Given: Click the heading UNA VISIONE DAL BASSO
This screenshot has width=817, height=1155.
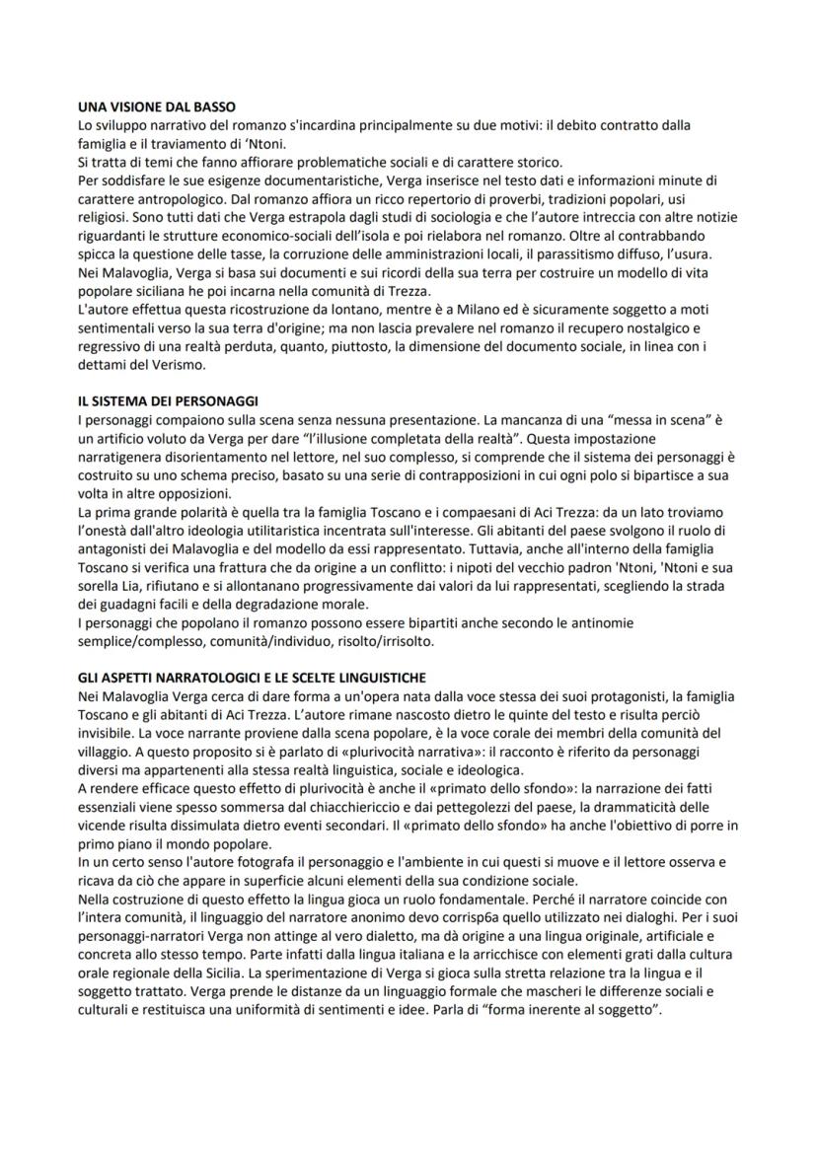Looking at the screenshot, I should (156, 106).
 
